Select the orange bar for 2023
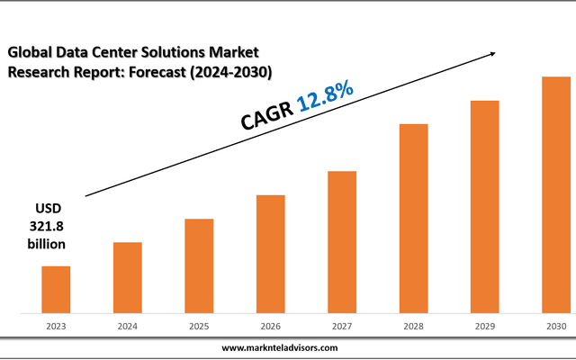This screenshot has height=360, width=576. tap(56, 290)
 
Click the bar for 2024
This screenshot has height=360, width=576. tap(127, 278)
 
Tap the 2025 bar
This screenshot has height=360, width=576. tap(199, 266)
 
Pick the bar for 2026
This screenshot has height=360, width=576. tap(271, 254)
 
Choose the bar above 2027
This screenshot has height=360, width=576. tap(342, 242)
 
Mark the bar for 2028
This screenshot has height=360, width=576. tap(414, 219)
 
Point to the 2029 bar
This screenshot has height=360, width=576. tap(485, 207)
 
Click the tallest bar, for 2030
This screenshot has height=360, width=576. tap(555, 195)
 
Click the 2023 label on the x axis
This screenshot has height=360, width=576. tap(56, 326)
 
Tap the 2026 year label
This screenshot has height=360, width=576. tap(271, 326)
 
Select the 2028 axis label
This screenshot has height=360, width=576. tap(414, 326)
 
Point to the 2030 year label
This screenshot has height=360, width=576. tap(555, 326)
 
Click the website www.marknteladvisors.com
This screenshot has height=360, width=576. tap(279, 347)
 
